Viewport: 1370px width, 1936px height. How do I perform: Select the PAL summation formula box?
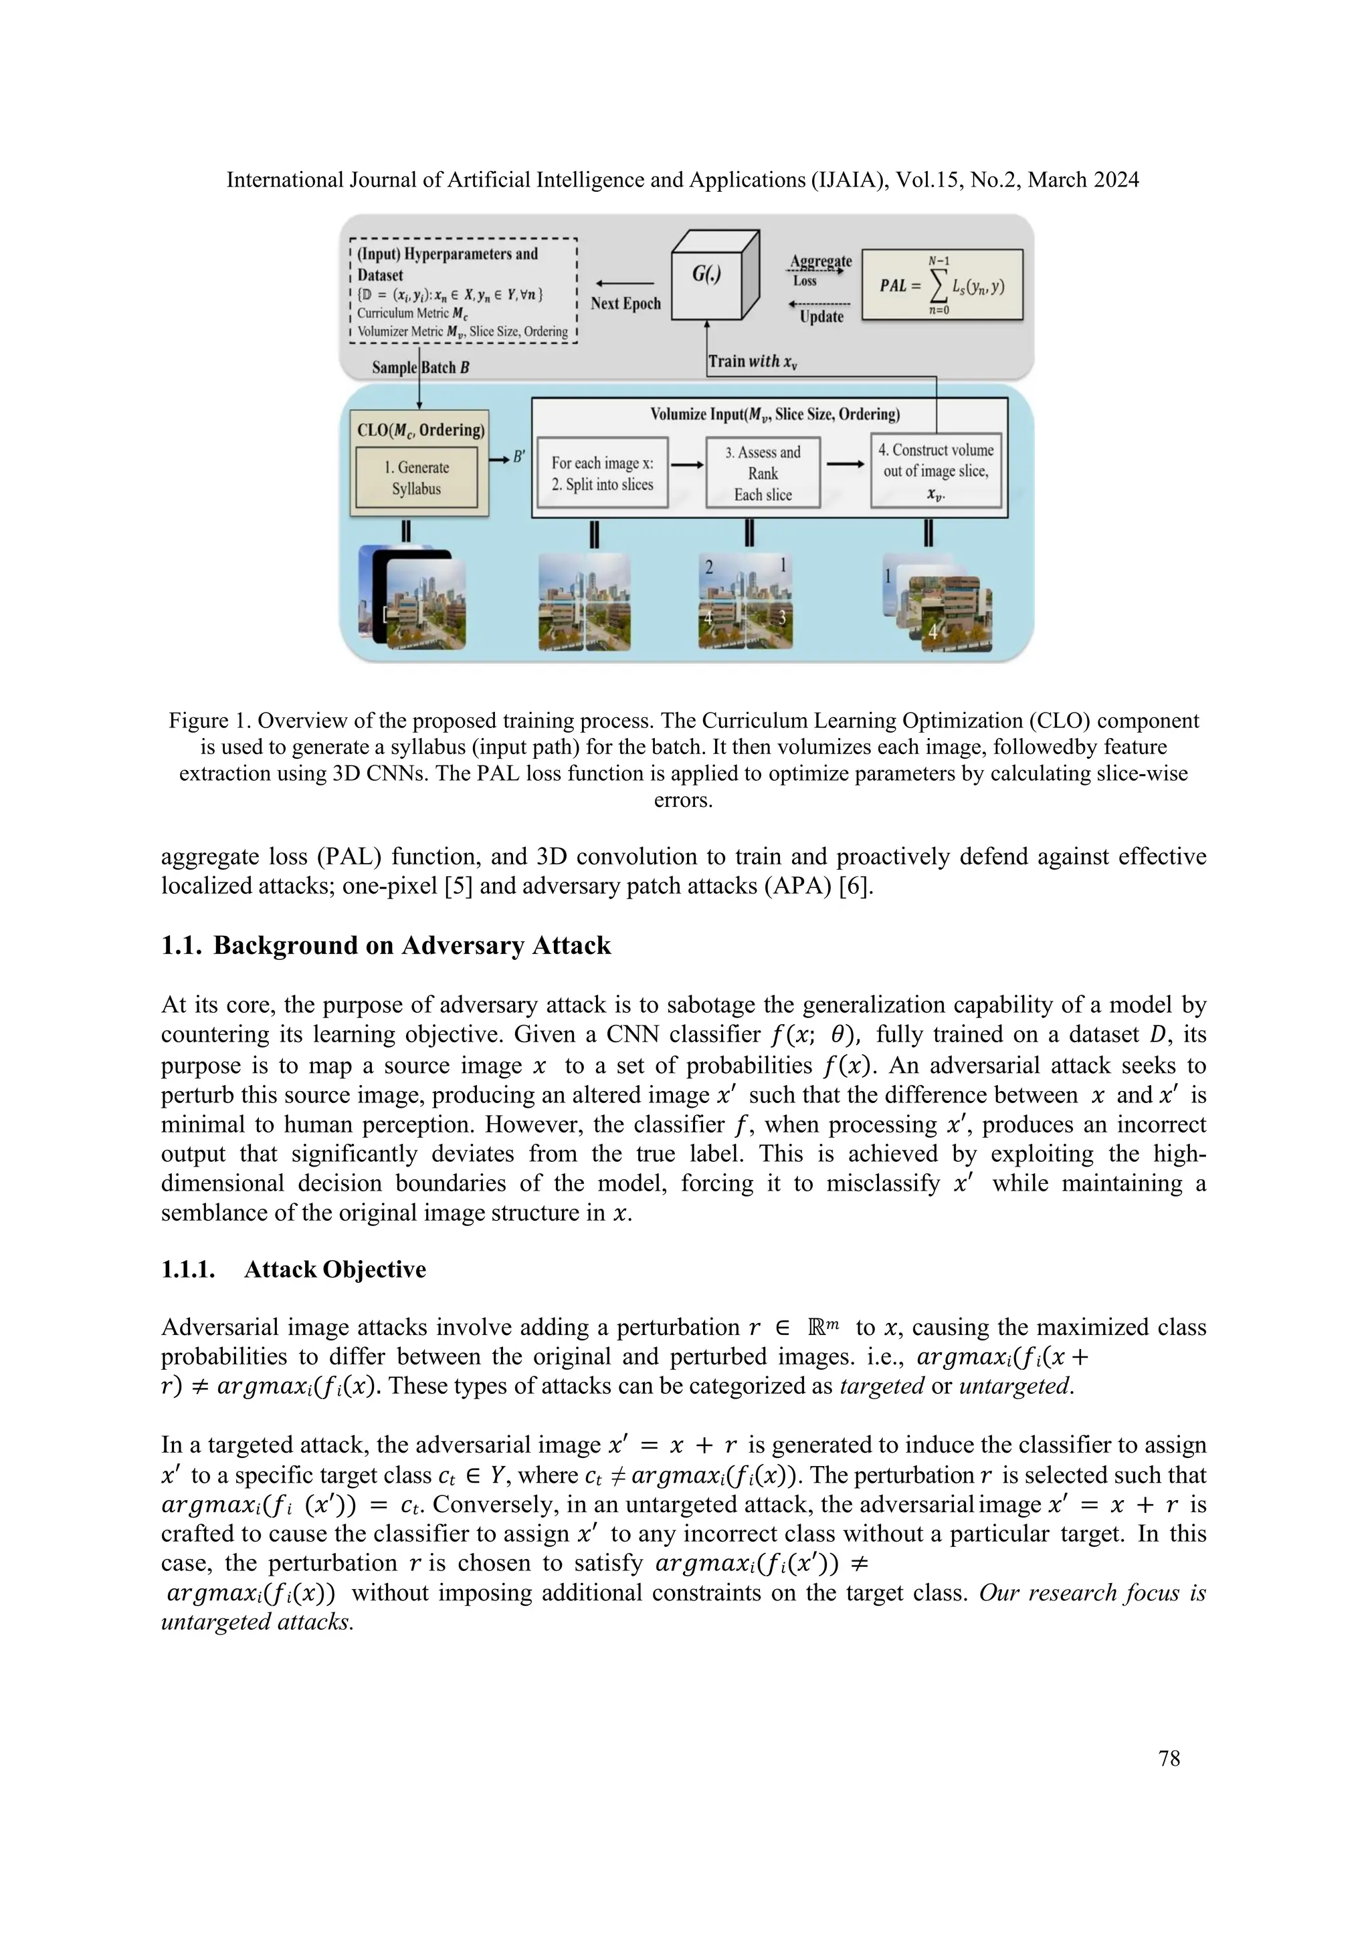(943, 284)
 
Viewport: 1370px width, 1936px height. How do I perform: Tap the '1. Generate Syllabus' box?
(416, 478)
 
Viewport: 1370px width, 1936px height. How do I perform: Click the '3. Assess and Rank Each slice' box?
(763, 473)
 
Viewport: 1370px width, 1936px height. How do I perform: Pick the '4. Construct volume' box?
(936, 471)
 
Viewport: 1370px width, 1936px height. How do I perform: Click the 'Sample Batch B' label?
(420, 368)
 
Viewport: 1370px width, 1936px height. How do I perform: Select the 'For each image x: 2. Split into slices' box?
(602, 473)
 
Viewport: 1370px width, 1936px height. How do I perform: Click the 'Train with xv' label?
(753, 362)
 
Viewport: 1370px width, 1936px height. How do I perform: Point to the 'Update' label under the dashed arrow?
(821, 316)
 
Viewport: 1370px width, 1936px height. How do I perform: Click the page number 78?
(1169, 1758)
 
